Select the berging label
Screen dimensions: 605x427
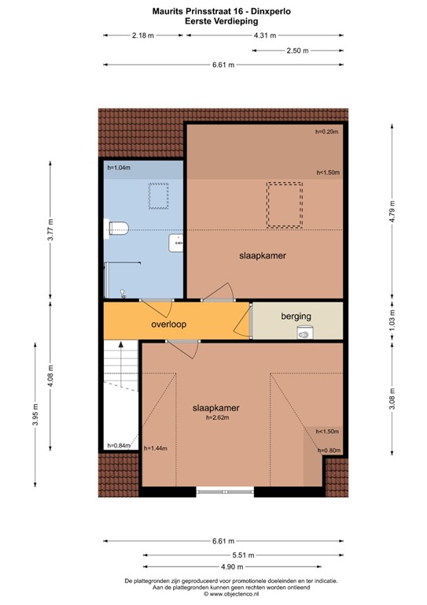(x=296, y=316)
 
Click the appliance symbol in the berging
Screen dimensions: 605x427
(x=304, y=334)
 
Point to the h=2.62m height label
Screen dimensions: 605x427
(x=216, y=418)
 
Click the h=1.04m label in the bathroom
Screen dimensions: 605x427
(x=120, y=168)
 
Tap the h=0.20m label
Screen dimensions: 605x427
(x=326, y=132)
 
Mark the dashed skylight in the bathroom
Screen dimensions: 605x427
(x=160, y=192)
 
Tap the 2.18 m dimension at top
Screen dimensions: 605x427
(x=143, y=35)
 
